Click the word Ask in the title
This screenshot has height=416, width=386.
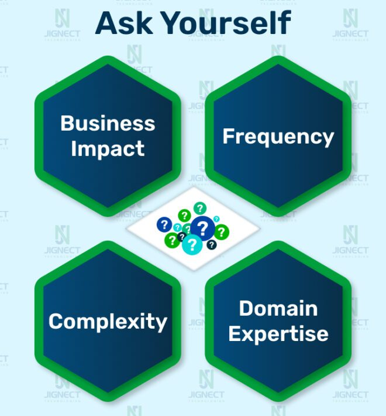pyautogui.click(x=124, y=23)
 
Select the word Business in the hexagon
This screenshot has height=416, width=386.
pyautogui.click(x=108, y=123)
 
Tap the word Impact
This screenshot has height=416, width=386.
pyautogui.click(x=108, y=149)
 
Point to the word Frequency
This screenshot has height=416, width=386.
pyautogui.click(x=278, y=137)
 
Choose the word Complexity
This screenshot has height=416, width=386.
pyautogui.click(x=108, y=322)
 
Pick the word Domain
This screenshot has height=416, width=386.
pyautogui.click(x=278, y=308)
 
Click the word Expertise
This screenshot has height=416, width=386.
pyautogui.click(x=278, y=334)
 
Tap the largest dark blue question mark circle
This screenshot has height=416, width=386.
pyautogui.click(x=202, y=229)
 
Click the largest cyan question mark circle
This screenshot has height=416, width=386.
pyautogui.click(x=192, y=244)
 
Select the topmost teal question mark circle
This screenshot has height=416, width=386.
pyautogui.click(x=200, y=208)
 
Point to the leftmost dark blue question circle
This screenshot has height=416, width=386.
pyautogui.click(x=164, y=225)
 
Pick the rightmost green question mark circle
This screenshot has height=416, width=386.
pyautogui.click(x=221, y=232)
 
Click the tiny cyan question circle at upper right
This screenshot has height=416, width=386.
pyautogui.click(x=216, y=219)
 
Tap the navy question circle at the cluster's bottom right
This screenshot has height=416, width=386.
pyautogui.click(x=211, y=244)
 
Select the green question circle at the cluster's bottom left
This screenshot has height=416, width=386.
pyautogui.click(x=172, y=240)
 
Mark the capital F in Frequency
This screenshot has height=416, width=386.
pyautogui.click(x=229, y=136)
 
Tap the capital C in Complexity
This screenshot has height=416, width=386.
pyautogui.click(x=56, y=321)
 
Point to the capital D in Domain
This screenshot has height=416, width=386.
pyautogui.click(x=246, y=308)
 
